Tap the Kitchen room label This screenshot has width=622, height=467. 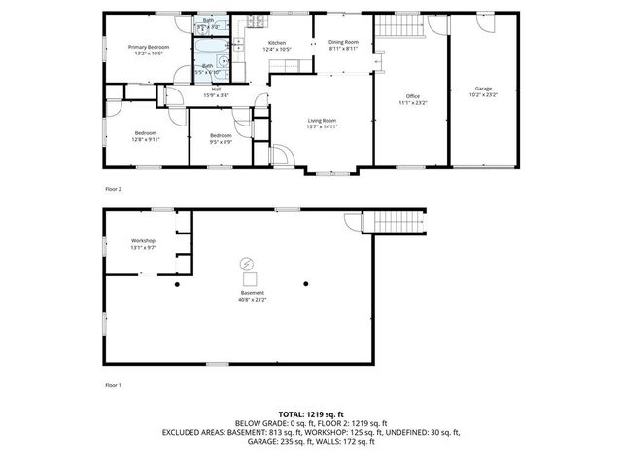pos(277,44)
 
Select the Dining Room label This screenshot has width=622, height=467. pos(343,42)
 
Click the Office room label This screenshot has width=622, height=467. pos(412,96)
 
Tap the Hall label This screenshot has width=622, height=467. pos(216,90)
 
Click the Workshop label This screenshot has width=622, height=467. pos(144,240)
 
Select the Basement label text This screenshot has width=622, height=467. pos(252,293)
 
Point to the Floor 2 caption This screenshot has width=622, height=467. pos(114,188)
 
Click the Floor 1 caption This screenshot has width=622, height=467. pos(114,385)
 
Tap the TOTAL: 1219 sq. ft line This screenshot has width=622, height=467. pos(311,414)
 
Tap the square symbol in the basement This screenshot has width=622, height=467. pos(250,279)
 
